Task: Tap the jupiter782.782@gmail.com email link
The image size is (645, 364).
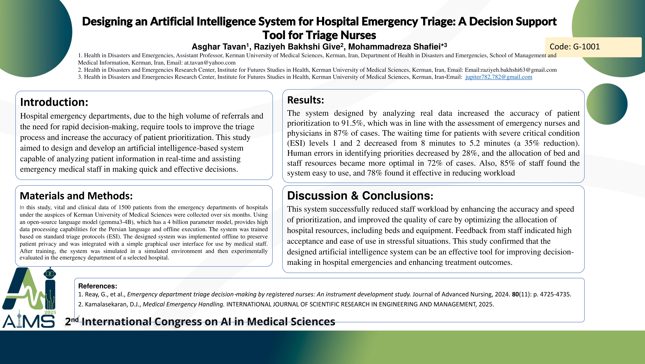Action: (499, 77)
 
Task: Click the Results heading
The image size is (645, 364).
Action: (305, 100)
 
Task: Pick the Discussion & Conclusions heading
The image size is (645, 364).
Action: (360, 196)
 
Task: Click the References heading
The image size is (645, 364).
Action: (98, 286)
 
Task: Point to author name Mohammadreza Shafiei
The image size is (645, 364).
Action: (394, 47)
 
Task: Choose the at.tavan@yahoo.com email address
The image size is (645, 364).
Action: (210, 63)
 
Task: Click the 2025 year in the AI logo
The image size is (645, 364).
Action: (50, 312)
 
